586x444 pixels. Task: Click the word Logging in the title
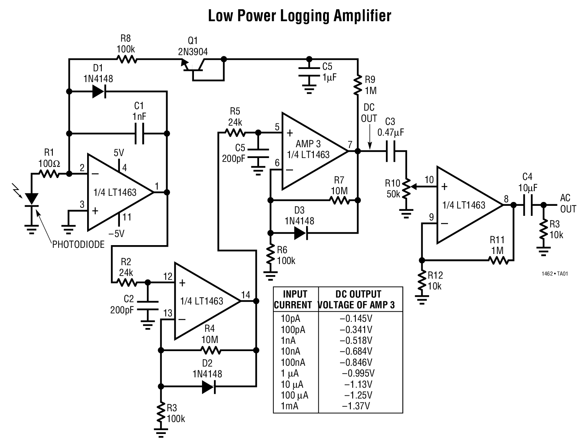(x=300, y=16)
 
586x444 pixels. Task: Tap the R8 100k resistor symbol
(x=126, y=59)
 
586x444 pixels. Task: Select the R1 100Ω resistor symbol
(x=49, y=174)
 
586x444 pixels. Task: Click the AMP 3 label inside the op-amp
(x=308, y=144)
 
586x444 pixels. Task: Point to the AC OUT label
(x=567, y=203)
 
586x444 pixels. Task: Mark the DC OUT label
(x=369, y=113)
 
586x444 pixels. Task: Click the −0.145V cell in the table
(x=356, y=319)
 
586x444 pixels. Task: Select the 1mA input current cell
(x=290, y=406)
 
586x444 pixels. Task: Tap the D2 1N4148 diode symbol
(x=208, y=387)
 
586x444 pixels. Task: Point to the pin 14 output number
(x=245, y=295)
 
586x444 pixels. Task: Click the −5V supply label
(x=120, y=233)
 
